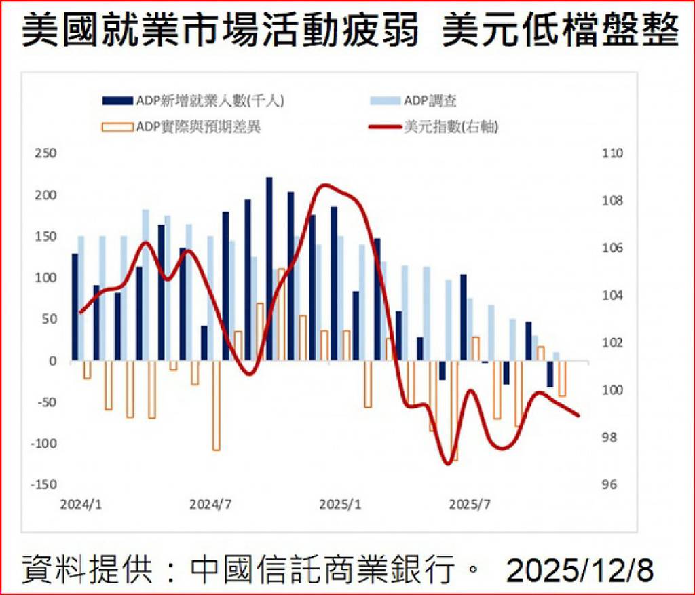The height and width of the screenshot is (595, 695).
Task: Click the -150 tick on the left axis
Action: click(x=43, y=484)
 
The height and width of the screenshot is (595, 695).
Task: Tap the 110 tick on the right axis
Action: click(x=612, y=153)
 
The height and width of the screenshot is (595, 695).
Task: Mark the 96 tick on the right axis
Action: click(x=609, y=484)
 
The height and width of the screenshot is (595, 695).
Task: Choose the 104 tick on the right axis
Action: click(x=612, y=295)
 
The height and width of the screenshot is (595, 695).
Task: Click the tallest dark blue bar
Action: click(x=269, y=268)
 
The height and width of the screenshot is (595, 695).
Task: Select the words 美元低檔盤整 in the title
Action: click(x=560, y=32)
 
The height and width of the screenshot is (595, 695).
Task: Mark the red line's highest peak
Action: click(x=324, y=185)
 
